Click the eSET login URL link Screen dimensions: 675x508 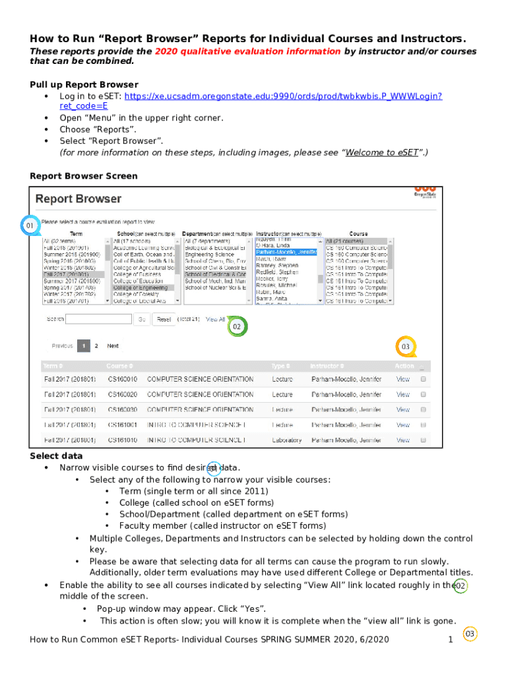tap(284, 96)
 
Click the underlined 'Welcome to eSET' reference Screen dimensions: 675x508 tap(382, 152)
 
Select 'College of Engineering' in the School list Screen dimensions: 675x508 tap(144, 287)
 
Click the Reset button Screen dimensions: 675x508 tap(164, 319)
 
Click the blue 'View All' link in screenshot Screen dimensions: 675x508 tap(216, 319)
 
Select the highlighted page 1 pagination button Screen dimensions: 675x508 tap(83, 345)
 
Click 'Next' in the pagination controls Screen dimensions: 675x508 tap(113, 345)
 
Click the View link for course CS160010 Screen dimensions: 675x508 tap(402, 379)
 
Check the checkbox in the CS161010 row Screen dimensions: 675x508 tap(424, 440)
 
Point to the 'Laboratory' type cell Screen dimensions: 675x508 tap(286, 440)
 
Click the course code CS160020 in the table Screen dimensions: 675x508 tap(122, 394)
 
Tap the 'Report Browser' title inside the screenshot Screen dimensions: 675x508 tap(78, 198)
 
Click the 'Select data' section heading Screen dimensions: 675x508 tap(56, 456)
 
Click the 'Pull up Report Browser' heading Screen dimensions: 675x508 tap(84, 84)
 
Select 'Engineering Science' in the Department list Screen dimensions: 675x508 tap(209, 253)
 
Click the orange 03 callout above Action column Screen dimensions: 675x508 tap(406, 346)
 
